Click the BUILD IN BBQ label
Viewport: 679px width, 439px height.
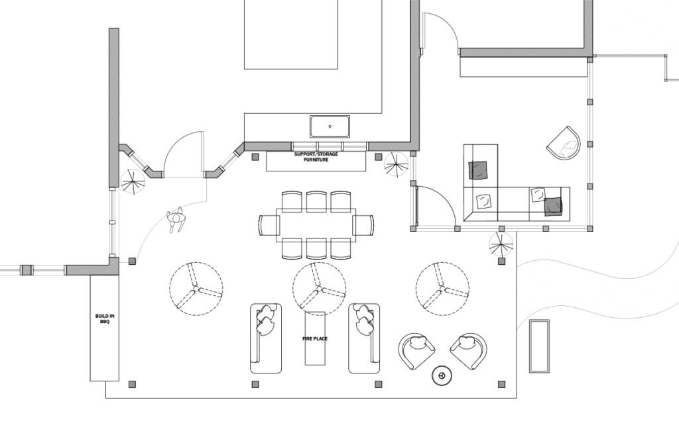click(x=105, y=319)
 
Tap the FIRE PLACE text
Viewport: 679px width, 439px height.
click(x=315, y=338)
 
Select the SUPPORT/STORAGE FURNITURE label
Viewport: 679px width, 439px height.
click(x=316, y=157)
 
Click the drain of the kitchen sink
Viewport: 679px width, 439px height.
click(x=330, y=126)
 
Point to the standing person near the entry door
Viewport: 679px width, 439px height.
click(x=176, y=219)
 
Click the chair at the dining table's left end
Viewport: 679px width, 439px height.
click(x=269, y=225)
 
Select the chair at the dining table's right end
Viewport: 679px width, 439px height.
click(x=363, y=225)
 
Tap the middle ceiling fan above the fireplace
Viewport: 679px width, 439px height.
click(x=319, y=289)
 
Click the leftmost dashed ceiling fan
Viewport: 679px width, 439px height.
click(x=196, y=289)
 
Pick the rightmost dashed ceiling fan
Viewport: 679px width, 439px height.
click(x=442, y=289)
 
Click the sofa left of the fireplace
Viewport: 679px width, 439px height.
click(x=266, y=338)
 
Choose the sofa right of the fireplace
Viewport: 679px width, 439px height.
click(x=364, y=338)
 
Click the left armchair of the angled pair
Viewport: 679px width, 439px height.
click(x=416, y=351)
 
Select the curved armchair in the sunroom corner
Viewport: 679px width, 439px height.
click(x=564, y=143)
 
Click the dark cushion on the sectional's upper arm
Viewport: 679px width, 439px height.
click(x=478, y=170)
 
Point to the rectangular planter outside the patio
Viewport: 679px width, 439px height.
click(x=539, y=346)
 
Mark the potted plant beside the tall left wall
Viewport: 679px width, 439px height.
click(x=133, y=181)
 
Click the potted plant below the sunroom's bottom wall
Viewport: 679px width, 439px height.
click(x=501, y=244)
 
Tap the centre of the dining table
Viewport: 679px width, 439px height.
click(x=316, y=225)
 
